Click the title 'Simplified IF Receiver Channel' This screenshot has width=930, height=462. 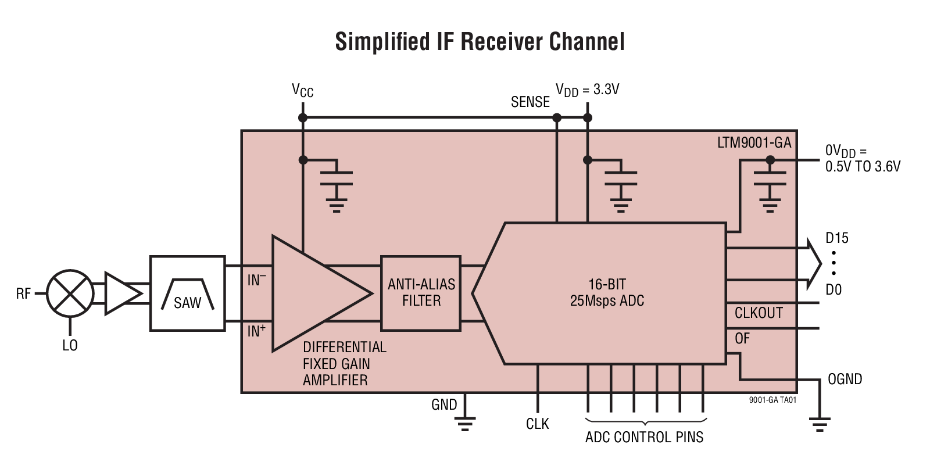coord(480,42)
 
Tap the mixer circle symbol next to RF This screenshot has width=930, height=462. coord(70,293)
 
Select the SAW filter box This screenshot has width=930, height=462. coord(187,293)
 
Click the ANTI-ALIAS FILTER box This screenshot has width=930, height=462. coord(421,293)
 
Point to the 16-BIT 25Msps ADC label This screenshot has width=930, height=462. coord(607,292)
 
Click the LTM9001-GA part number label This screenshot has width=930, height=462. coord(754,142)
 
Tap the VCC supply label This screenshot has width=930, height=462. coord(302,91)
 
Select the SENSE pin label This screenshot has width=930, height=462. coord(530,102)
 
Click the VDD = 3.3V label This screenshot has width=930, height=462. coord(587,90)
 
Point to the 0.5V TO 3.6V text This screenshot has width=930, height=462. coord(863,167)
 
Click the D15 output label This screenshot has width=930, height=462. coord(836,238)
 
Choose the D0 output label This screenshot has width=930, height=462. coord(834,289)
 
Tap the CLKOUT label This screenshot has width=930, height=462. coord(759,313)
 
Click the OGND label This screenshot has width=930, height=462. coord(845,379)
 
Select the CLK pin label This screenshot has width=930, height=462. coord(537,424)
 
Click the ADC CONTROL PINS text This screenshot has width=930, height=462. coord(644,437)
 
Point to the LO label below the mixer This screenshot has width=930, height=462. coord(70,345)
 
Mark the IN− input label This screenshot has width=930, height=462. coord(256,280)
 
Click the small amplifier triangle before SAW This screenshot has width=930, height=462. coord(121,293)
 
